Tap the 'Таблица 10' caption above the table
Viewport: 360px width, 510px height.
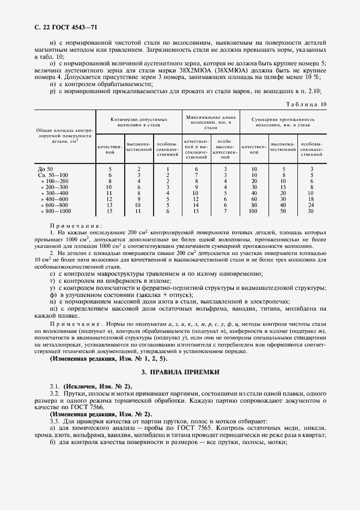(306, 104)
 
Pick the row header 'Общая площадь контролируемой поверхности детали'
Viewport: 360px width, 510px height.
(64, 136)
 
